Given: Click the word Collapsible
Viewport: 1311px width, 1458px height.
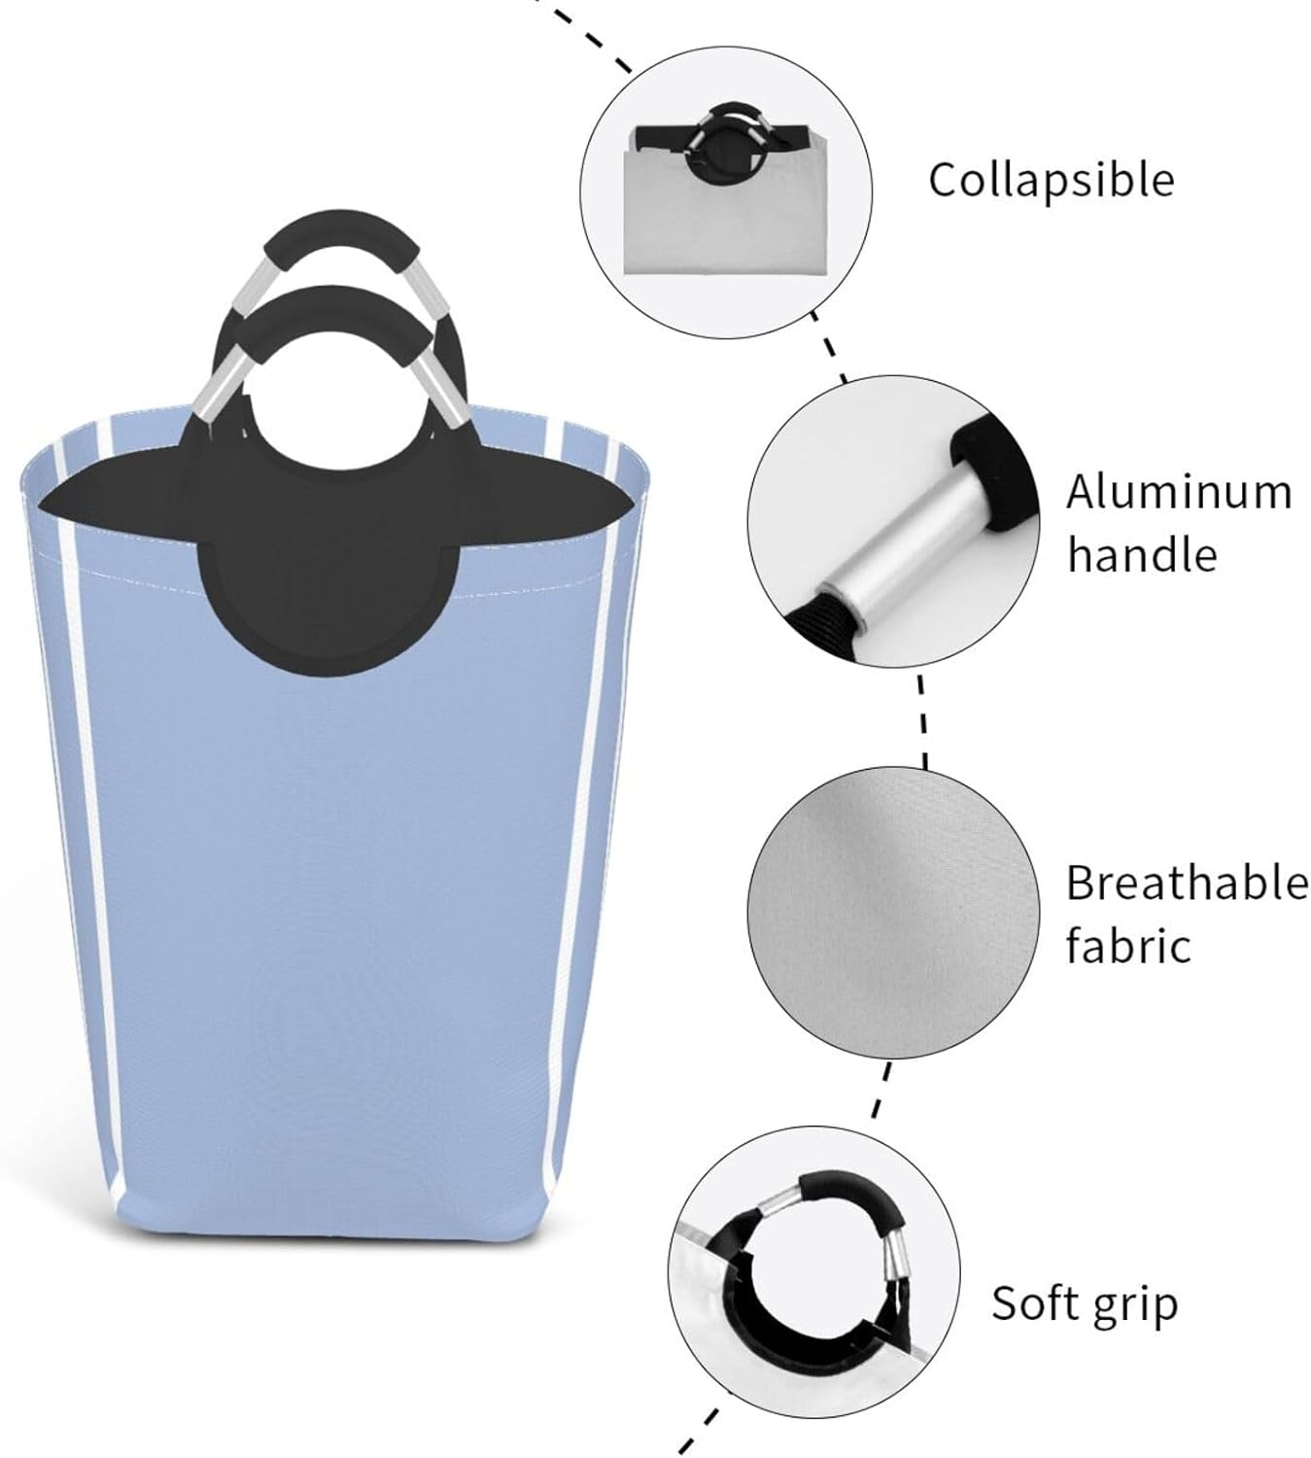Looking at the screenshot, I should coord(1051,181).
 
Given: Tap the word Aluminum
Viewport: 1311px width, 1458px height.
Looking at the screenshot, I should coord(1179,493).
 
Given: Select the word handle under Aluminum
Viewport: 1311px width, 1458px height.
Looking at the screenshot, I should coord(1142,556).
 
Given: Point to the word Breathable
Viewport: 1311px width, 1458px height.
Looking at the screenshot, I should coord(1187,884).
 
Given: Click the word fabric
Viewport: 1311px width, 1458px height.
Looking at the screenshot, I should coord(1128,946).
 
